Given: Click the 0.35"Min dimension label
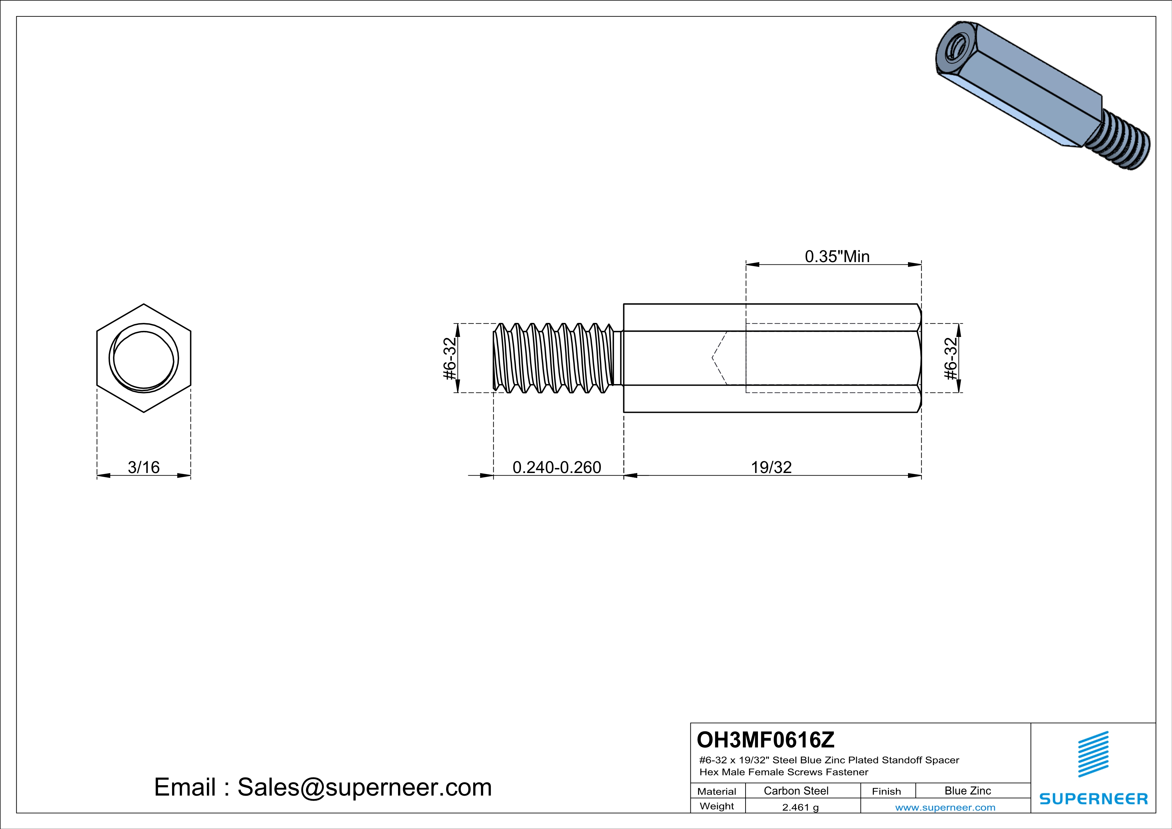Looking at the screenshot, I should click(x=837, y=256).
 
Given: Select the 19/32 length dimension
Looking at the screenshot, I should click(x=771, y=467).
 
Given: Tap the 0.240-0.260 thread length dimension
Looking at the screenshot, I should click(x=557, y=467).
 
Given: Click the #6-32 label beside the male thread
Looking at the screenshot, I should click(x=449, y=358).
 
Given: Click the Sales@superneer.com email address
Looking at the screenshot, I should click(x=365, y=787).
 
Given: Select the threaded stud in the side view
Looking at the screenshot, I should click(x=554, y=358).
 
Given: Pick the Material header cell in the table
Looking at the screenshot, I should click(x=717, y=791).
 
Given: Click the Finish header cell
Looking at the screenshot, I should click(x=886, y=791).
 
